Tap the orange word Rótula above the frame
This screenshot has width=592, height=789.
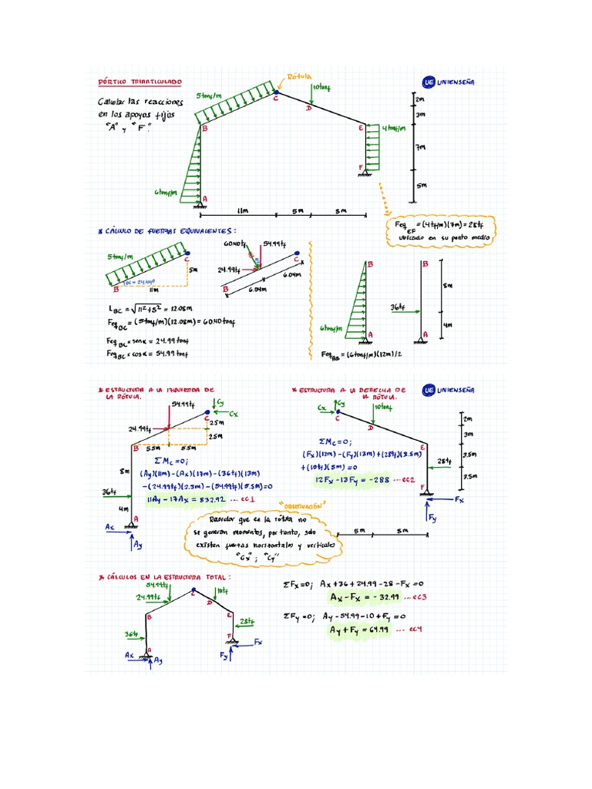(x=298, y=77)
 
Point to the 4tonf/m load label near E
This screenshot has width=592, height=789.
(x=394, y=129)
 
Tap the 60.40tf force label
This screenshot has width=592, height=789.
(x=234, y=244)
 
